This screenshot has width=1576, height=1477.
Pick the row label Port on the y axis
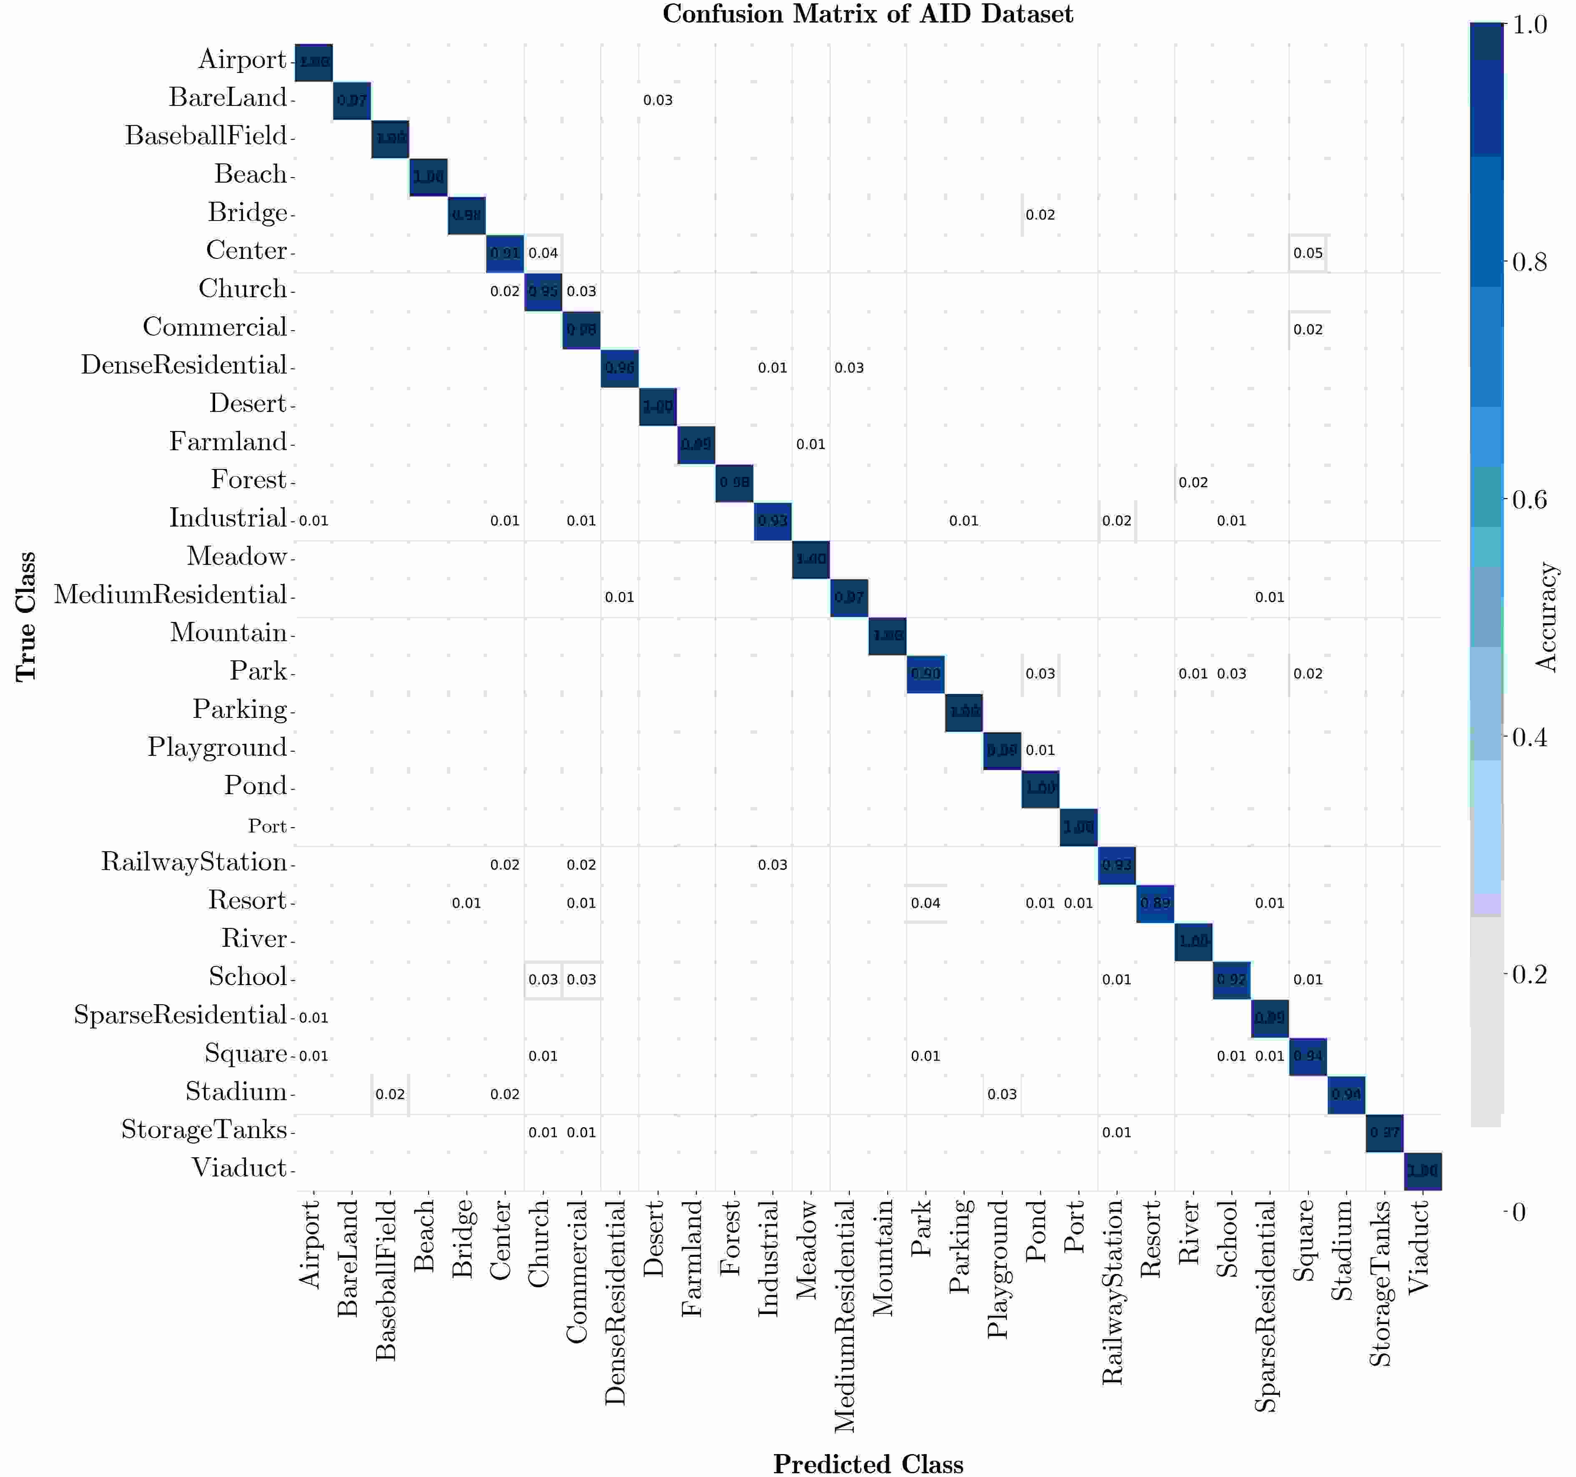[267, 826]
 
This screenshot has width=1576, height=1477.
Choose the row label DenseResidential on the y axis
[184, 366]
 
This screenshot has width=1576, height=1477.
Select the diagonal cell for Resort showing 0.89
[1155, 903]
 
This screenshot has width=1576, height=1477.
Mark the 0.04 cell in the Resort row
[925, 903]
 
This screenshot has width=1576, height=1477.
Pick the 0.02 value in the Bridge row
[1040, 215]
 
